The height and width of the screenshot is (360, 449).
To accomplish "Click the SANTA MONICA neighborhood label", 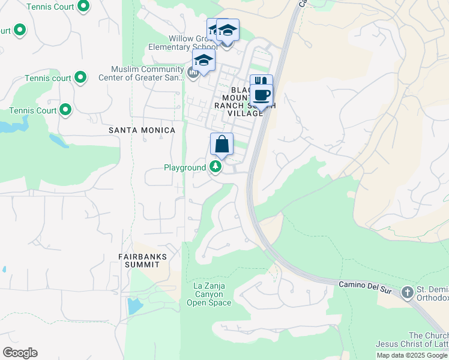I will pyautogui.click(x=142, y=130).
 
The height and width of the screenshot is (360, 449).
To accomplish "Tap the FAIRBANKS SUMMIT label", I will pyautogui.click(x=142, y=260).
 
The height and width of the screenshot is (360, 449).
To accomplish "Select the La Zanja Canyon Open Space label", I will pyautogui.click(x=209, y=294).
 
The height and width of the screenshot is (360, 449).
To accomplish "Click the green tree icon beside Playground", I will pyautogui.click(x=215, y=167).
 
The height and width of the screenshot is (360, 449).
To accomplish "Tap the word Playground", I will pyautogui.click(x=185, y=167).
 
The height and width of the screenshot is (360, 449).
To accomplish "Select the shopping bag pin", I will pyautogui.click(x=221, y=145).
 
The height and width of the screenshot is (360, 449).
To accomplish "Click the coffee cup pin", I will pyautogui.click(x=261, y=95).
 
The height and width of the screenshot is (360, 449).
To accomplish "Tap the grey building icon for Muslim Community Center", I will pyautogui.click(x=193, y=74).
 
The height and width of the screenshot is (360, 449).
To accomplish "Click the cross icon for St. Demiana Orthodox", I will pyautogui.click(x=408, y=292).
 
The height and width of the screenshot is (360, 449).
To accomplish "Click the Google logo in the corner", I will pyautogui.click(x=20, y=353).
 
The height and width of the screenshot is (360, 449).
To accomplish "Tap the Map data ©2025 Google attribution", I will pyautogui.click(x=412, y=355).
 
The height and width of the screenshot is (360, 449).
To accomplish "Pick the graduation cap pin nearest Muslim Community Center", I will pyautogui.click(x=203, y=61).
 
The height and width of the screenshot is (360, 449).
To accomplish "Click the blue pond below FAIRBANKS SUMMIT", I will pyautogui.click(x=134, y=306).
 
